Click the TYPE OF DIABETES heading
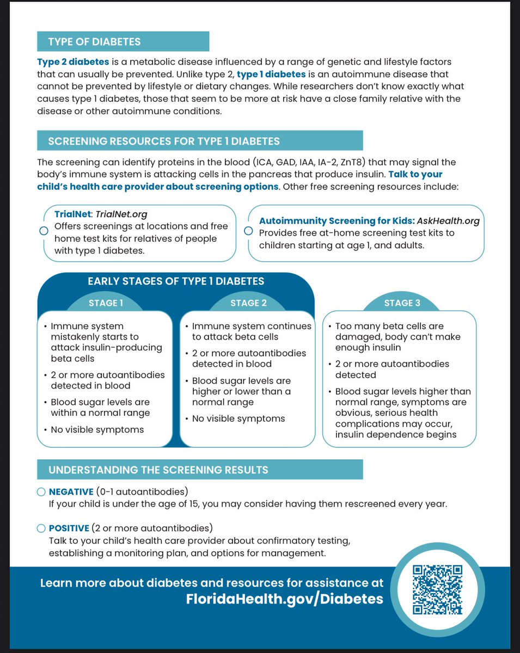[x=94, y=42]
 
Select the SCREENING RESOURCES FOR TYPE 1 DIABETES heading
[x=164, y=141]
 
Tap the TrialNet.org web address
[x=121, y=214]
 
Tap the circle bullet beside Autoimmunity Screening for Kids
[x=248, y=231]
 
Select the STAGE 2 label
[x=248, y=303]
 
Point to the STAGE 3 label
[x=399, y=303]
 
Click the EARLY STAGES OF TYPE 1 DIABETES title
[x=176, y=281]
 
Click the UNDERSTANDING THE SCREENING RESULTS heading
[x=158, y=470]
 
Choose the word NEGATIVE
[x=71, y=492]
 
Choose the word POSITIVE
[x=69, y=528]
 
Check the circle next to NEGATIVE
[x=41, y=492]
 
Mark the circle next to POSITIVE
[x=41, y=528]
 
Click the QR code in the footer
[x=438, y=590]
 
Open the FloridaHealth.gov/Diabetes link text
[x=284, y=599]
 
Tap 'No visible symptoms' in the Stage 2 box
[x=238, y=418]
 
